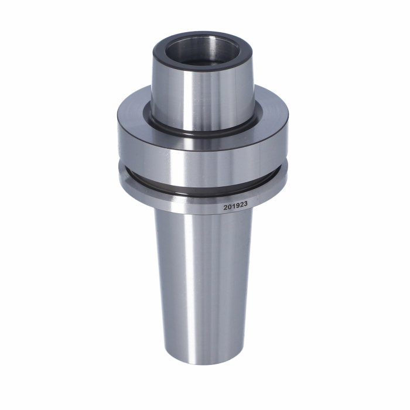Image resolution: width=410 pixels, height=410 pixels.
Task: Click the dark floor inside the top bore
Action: tap(201, 62)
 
